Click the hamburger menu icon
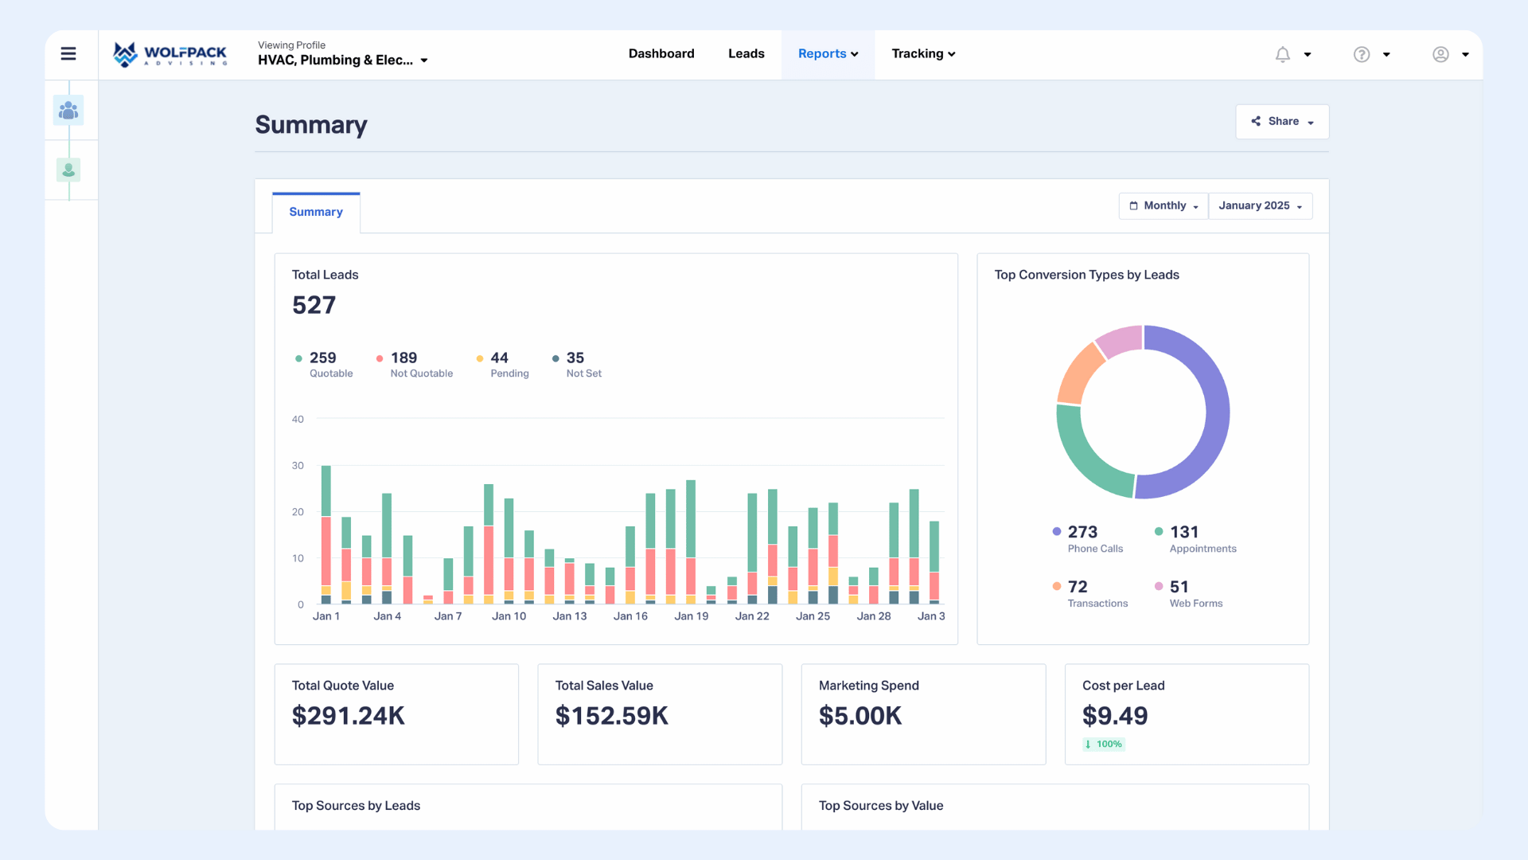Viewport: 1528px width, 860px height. tap(68, 54)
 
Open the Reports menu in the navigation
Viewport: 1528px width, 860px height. tap(828, 54)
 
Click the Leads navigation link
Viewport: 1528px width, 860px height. tap(746, 54)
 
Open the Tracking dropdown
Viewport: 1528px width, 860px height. tap(923, 54)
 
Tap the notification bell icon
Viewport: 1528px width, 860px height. tap(1282, 54)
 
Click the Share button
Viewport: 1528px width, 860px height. tap(1282, 122)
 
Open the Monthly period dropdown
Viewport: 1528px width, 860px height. tap(1164, 206)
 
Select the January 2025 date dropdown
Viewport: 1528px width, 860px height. tap(1260, 206)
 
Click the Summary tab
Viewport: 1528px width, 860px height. tap(316, 213)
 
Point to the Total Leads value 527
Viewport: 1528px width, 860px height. tap(314, 306)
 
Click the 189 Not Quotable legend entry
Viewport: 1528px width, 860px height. tap(414, 365)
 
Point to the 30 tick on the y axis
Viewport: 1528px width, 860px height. tap(298, 466)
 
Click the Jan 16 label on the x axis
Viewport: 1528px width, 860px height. tap(630, 616)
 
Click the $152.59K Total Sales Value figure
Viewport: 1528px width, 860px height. tap(611, 716)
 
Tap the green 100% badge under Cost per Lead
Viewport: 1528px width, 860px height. tap(1104, 745)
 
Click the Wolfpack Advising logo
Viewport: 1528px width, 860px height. tap(170, 54)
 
